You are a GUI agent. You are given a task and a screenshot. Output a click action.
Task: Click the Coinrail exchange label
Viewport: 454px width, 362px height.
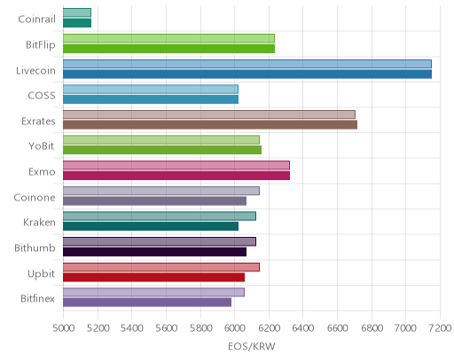[x=36, y=20]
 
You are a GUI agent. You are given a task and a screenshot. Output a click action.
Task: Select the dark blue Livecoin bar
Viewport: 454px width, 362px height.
[x=247, y=74]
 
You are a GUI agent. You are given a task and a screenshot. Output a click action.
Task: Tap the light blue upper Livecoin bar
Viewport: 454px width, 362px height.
[x=247, y=64]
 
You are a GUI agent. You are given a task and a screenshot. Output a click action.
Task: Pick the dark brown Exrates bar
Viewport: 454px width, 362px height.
[x=210, y=124]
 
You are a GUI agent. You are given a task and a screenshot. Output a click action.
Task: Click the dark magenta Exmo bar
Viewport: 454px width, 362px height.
[x=176, y=176]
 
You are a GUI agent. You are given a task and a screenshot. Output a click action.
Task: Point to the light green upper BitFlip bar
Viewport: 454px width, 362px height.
[x=168, y=38]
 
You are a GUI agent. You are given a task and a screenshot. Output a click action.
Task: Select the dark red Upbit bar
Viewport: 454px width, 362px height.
[x=153, y=277]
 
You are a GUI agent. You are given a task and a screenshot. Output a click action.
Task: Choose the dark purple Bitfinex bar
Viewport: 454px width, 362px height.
[x=147, y=303]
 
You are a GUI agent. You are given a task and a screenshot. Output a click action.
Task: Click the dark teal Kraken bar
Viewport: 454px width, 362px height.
[x=151, y=226]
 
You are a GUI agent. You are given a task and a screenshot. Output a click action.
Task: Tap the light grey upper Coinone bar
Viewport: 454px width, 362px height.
[x=161, y=191]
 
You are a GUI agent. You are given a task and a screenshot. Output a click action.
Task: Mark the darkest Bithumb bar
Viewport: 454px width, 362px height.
[x=154, y=252]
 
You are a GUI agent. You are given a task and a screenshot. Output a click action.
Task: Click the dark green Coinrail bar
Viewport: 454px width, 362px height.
[x=77, y=23]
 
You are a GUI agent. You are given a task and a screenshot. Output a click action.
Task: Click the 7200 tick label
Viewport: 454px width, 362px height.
[x=440, y=327]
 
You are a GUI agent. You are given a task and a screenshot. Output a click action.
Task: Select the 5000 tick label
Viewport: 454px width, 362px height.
[x=64, y=327]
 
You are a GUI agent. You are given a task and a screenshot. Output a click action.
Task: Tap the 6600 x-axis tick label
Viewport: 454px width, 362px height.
[x=337, y=327]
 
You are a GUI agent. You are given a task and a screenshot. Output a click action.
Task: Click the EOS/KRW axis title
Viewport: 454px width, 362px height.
[x=252, y=346]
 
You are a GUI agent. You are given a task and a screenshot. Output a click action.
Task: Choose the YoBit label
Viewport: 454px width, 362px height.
[x=42, y=146]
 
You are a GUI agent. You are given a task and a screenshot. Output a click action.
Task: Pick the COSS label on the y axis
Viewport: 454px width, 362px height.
[x=42, y=96]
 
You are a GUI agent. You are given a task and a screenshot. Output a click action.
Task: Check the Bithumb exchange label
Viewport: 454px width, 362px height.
[x=35, y=248]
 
